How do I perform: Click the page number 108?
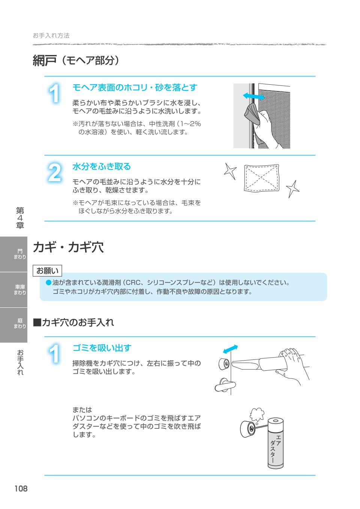[x=21, y=489]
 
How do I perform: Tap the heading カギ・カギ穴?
[x=68, y=247]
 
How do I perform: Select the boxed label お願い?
[x=48, y=270]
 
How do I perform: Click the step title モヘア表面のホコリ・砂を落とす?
[x=135, y=88]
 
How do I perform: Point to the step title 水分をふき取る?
[x=102, y=166]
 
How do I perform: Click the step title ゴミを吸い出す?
[x=102, y=348]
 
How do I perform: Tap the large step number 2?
[x=55, y=173]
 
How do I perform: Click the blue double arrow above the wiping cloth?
[x=254, y=96]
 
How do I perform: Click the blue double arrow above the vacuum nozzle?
[x=230, y=349]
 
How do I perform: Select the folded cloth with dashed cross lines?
[x=261, y=178]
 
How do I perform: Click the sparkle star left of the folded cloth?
[x=230, y=171]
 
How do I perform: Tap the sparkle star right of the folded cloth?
[x=292, y=189]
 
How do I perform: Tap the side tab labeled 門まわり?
[x=19, y=254]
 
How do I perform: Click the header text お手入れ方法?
[x=51, y=36]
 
